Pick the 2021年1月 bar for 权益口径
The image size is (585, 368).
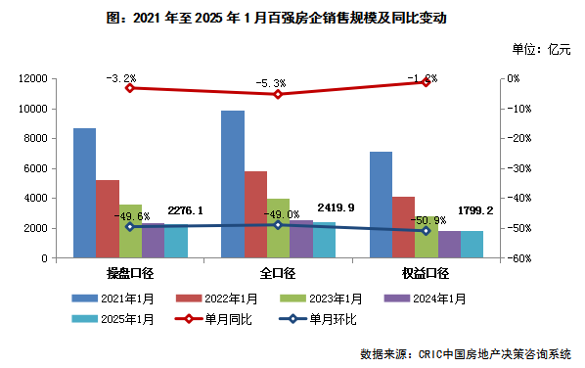pos(380,205)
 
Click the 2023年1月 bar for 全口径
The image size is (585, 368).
pos(278,228)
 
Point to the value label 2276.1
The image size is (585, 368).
pos(185,209)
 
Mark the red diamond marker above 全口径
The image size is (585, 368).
pos(278,94)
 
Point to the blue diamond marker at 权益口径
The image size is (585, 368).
pos(426,230)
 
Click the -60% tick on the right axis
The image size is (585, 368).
pos(517,258)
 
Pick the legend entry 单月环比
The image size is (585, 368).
pos(323,318)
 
